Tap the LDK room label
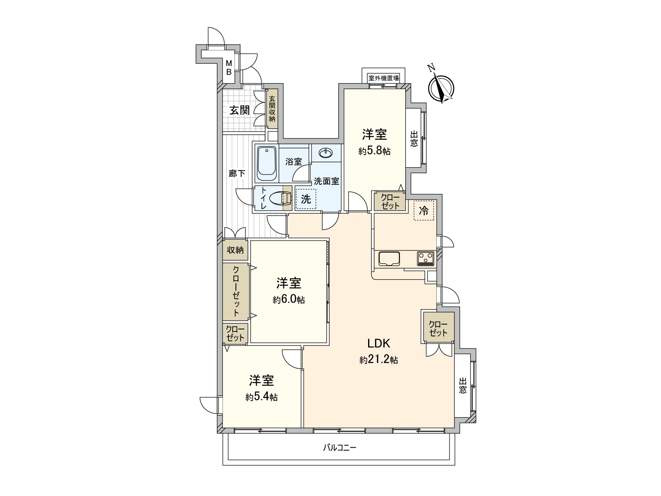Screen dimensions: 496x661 click(379, 343)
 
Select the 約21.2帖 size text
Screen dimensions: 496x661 click(378, 360)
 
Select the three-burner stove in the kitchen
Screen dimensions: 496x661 click(426, 259)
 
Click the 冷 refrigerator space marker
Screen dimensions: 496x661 click(424, 211)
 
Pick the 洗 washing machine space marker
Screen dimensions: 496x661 click(306, 199)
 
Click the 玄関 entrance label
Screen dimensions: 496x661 click(239, 110)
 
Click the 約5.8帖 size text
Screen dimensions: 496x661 click(374, 151)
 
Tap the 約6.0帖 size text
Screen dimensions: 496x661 click(288, 300)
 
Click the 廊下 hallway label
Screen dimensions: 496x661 click(237, 174)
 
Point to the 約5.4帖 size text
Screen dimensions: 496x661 click(261, 397)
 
